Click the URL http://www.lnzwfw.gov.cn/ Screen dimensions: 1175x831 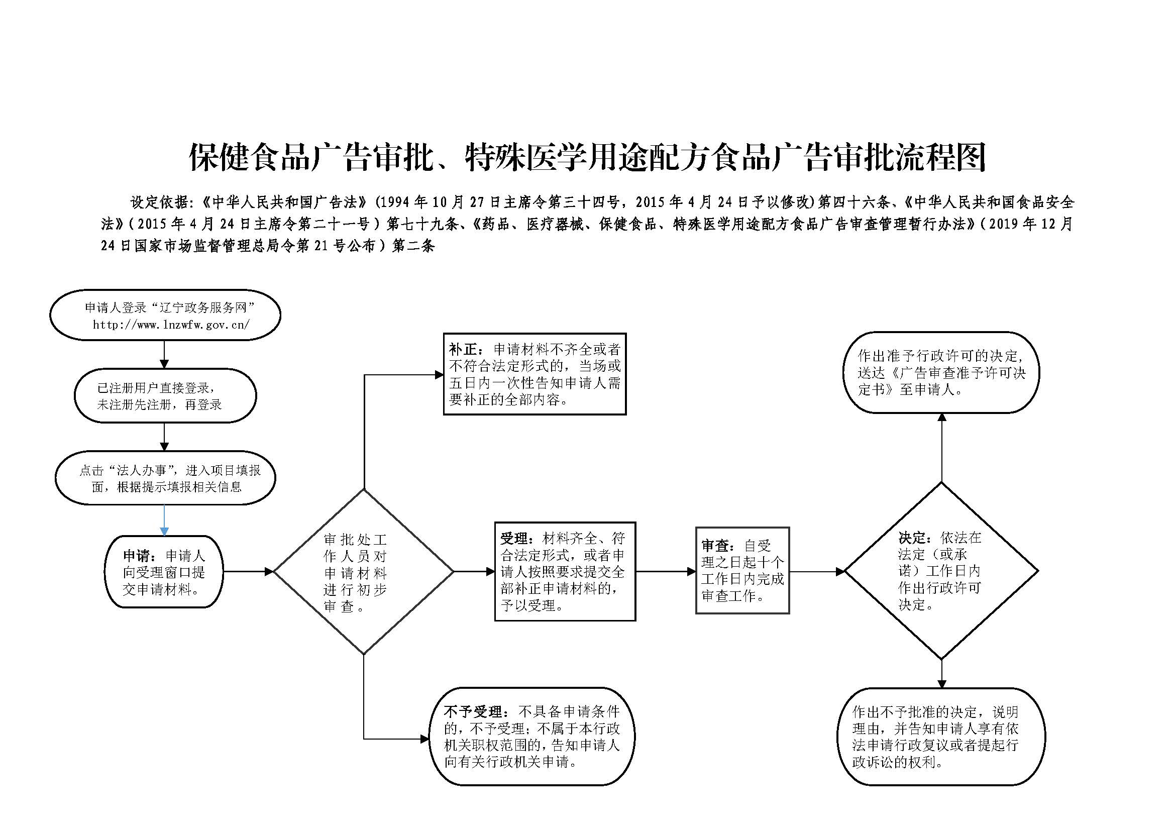(171, 325)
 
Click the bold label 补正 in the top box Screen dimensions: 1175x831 (463, 350)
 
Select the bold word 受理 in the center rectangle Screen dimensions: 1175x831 (514, 538)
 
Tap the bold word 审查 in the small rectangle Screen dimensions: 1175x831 (715, 546)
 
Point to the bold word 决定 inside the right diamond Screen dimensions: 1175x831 (912, 538)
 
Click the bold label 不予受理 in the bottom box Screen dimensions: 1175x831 (472, 712)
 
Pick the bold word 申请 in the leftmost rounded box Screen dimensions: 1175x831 (137, 556)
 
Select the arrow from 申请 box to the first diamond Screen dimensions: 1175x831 (248, 572)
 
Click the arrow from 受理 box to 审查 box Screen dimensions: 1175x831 (666, 572)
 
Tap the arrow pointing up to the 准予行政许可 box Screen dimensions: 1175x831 (941, 448)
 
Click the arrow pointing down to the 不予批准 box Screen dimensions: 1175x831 (941, 673)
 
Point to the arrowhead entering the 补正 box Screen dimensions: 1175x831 (439, 375)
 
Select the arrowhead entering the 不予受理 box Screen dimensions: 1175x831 (425, 739)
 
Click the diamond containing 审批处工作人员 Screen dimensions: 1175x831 (364, 489)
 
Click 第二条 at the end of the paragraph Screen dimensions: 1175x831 (413, 246)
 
